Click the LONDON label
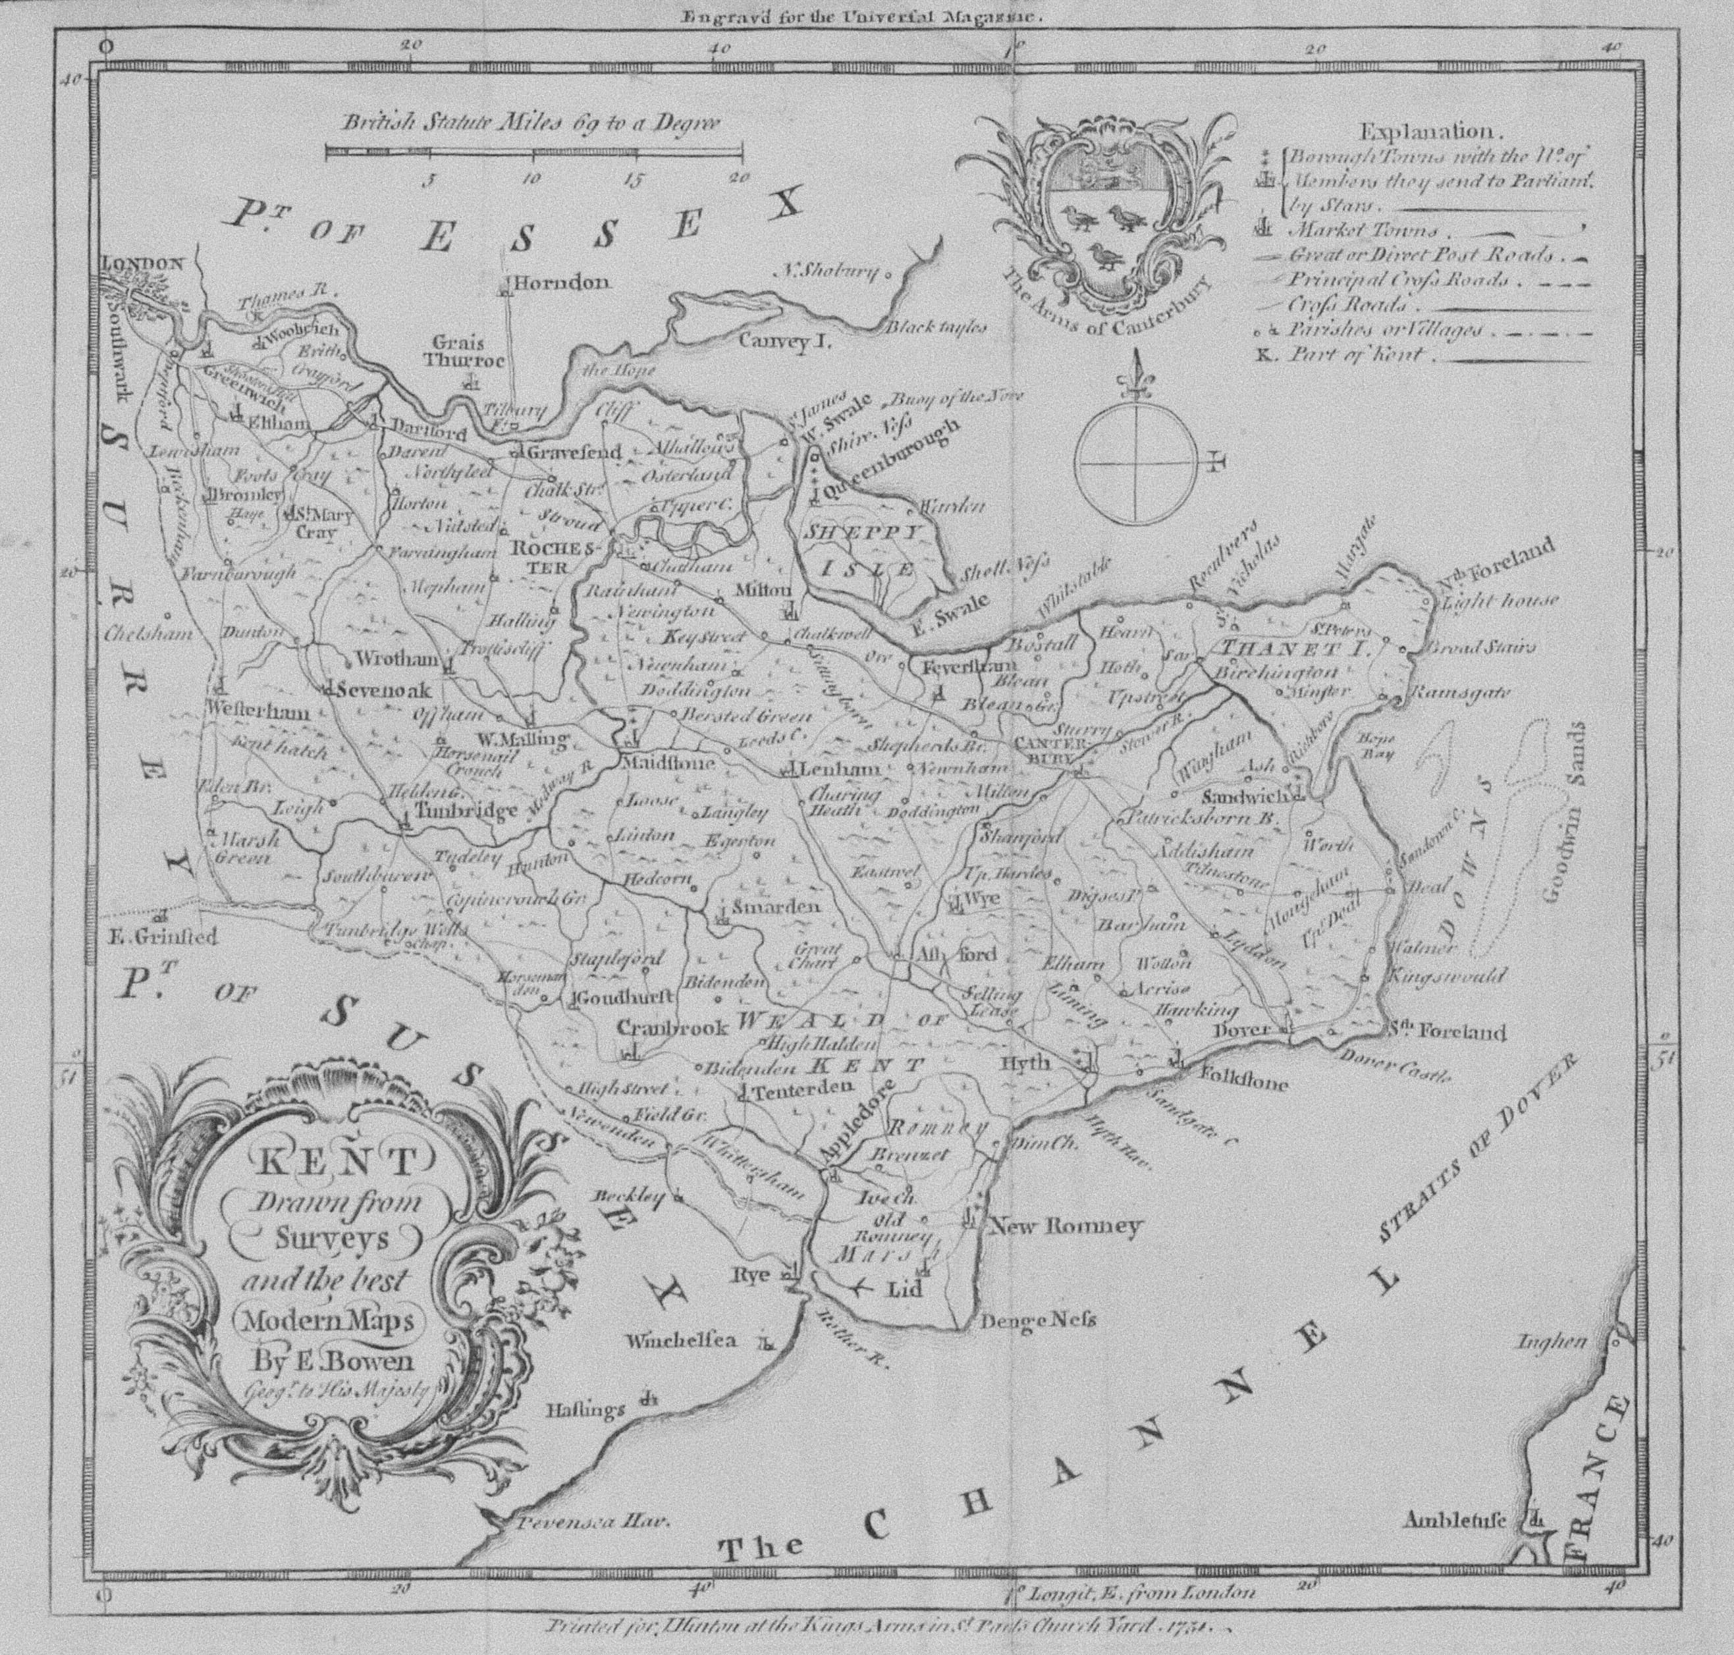(144, 263)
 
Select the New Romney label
(1068, 1226)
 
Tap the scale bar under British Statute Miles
(533, 153)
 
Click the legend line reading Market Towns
(1363, 231)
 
